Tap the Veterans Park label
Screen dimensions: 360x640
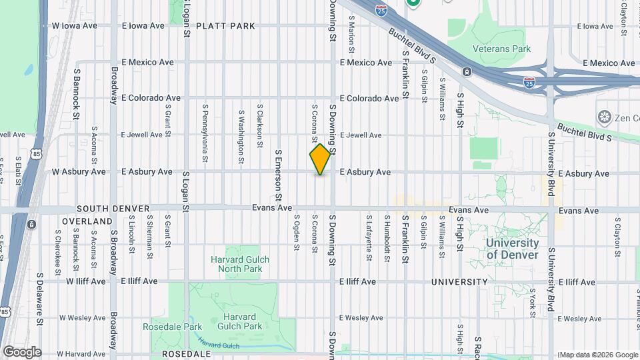point(501,49)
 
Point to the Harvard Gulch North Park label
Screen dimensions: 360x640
point(236,264)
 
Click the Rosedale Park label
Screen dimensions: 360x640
point(163,327)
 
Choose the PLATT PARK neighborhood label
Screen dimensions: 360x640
point(224,26)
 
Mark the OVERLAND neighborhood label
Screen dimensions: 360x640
point(87,221)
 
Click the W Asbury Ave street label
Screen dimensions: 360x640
point(79,172)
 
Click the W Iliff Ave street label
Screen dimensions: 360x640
point(85,281)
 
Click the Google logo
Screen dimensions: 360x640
point(21,352)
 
